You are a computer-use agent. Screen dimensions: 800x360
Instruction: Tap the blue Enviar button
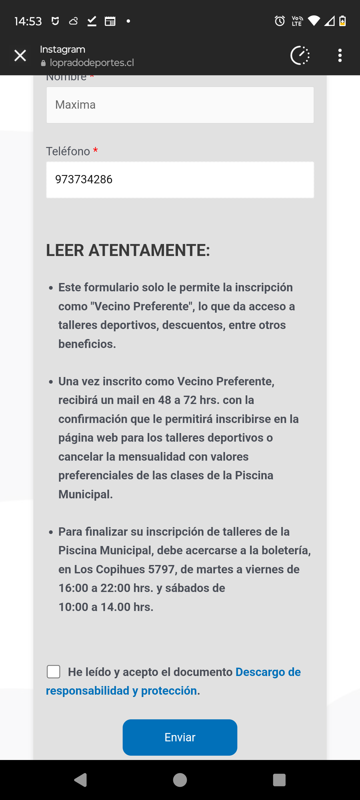(180, 737)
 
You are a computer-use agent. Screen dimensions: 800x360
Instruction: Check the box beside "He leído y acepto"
(54, 672)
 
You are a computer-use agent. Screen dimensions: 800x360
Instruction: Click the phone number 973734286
(84, 179)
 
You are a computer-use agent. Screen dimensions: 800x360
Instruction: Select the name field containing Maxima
(180, 105)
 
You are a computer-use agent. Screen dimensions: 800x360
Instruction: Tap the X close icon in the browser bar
(20, 56)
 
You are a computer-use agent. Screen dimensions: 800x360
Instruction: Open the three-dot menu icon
(340, 55)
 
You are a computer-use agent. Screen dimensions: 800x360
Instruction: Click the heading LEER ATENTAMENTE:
(128, 250)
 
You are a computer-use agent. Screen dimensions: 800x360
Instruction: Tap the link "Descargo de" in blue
(268, 672)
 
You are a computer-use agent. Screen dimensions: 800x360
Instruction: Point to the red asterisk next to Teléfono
(96, 150)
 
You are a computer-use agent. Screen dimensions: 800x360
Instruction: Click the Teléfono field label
(68, 151)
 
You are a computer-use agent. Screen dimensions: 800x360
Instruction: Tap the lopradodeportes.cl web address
(92, 63)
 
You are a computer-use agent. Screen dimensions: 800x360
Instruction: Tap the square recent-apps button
(279, 780)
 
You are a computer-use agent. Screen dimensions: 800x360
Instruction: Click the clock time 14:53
(28, 21)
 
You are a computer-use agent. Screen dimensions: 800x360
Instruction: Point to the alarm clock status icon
(280, 21)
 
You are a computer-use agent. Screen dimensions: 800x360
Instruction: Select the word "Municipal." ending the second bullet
(86, 494)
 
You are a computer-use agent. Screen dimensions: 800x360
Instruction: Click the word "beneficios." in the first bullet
(87, 344)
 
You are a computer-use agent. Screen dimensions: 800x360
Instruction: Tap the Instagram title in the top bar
(63, 49)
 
